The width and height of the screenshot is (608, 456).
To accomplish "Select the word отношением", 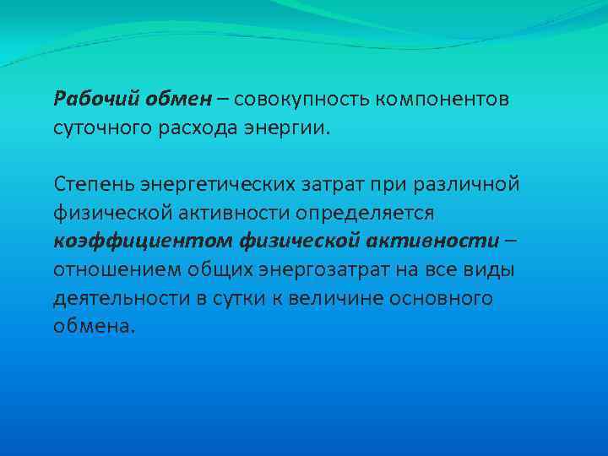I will pos(110,270).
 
